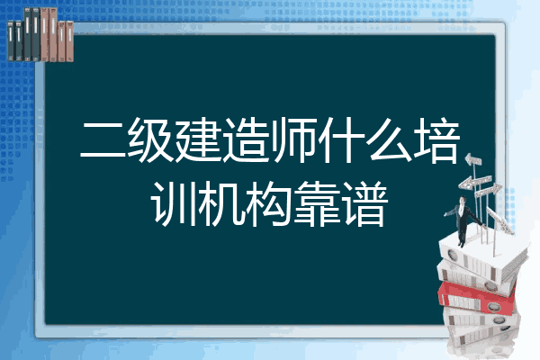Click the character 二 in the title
click(103, 140)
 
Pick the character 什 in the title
click(341, 140)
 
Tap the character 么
click(389, 140)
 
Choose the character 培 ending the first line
click(436, 140)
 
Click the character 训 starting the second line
click(174, 204)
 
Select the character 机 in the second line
click(221, 204)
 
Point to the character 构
click(269, 204)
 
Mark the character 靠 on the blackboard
click(317, 204)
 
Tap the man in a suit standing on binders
click(463, 220)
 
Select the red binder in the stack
click(476, 298)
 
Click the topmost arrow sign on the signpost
click(473, 160)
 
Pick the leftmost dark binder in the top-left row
click(11, 40)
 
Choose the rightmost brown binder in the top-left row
click(69, 41)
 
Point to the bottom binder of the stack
click(482, 337)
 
